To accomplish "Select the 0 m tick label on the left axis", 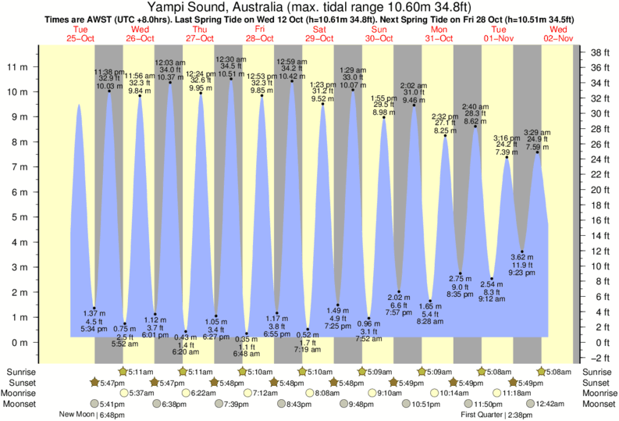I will pyautogui.click(x=21, y=342).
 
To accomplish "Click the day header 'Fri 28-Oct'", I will pyautogui.click(x=261, y=34).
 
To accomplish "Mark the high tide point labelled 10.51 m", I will pyautogui.click(x=231, y=79).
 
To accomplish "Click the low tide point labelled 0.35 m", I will pyautogui.click(x=247, y=334).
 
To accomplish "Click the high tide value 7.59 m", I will pyautogui.click(x=538, y=145).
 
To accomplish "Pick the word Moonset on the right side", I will pyautogui.click(x=597, y=404).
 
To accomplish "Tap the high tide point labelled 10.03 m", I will pyautogui.click(x=109, y=91).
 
